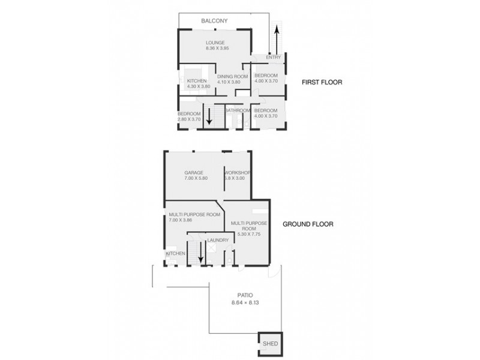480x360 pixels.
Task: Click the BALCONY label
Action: tap(214, 22)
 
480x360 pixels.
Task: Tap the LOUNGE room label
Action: tap(215, 43)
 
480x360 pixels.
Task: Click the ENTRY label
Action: tap(273, 57)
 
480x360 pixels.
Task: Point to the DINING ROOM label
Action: tap(232, 76)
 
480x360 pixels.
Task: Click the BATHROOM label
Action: tap(238, 110)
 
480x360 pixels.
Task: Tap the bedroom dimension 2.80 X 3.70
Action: tap(188, 119)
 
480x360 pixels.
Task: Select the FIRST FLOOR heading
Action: tap(322, 82)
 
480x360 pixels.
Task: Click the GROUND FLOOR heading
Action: tap(308, 225)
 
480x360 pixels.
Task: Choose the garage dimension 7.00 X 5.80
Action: tap(195, 179)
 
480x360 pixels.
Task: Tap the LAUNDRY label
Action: tap(217, 241)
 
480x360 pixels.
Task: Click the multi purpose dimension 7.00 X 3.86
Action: tap(182, 220)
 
